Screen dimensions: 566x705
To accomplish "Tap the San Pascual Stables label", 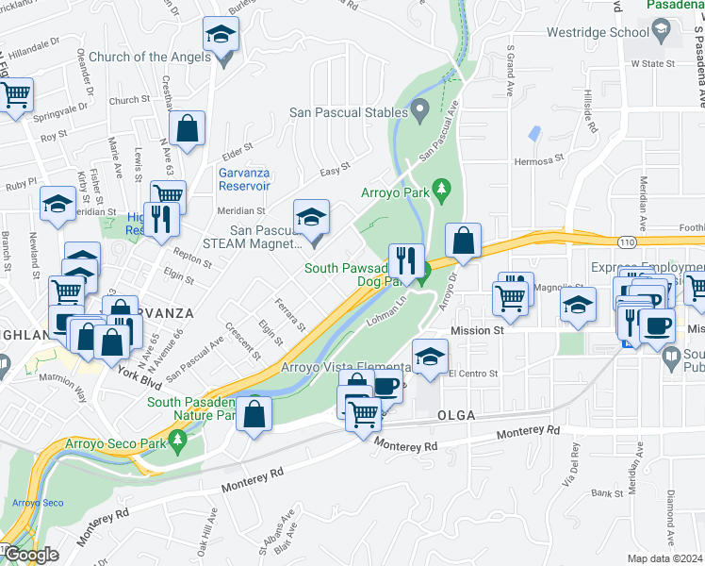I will point(346,112).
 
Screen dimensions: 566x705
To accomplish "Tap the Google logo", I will point(30,555).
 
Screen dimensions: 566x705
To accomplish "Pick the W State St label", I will point(654,64).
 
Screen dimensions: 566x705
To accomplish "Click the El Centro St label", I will point(472,374).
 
